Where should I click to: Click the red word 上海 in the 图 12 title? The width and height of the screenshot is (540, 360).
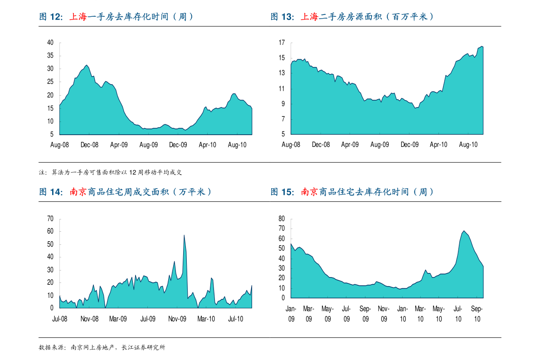click(x=78, y=17)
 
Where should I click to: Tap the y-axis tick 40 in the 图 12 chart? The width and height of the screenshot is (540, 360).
click(x=50, y=43)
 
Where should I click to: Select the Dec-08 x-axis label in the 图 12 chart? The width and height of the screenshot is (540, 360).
click(x=89, y=145)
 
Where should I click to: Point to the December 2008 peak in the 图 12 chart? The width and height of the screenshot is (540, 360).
click(x=87, y=65)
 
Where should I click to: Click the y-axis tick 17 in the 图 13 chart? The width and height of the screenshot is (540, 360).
click(x=282, y=43)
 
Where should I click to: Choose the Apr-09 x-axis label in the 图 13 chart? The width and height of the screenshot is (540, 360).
click(x=350, y=145)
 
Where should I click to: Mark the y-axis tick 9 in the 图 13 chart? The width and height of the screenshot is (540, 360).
click(x=283, y=104)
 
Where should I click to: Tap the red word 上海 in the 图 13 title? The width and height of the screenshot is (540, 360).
click(x=310, y=17)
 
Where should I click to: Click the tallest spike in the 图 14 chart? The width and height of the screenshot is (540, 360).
click(x=184, y=235)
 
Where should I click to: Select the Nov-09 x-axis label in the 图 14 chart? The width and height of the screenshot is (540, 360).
click(x=177, y=319)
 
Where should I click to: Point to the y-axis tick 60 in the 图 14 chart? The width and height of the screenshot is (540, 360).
click(x=50, y=231)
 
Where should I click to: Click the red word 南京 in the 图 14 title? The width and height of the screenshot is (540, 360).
click(x=78, y=192)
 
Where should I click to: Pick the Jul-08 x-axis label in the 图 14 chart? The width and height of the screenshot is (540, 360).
click(x=59, y=319)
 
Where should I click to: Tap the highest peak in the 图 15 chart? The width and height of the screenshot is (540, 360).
click(x=464, y=231)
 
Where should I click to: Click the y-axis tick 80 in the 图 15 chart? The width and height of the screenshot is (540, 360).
click(x=282, y=219)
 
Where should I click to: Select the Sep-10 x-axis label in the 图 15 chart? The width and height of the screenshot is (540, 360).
click(x=477, y=314)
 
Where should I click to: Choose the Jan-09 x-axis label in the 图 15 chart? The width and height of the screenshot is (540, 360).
click(x=291, y=314)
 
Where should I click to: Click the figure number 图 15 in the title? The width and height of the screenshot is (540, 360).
click(x=282, y=192)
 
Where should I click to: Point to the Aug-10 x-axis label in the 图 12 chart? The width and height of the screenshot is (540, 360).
click(x=237, y=145)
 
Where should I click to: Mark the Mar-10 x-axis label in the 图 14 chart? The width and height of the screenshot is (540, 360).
click(x=206, y=319)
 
